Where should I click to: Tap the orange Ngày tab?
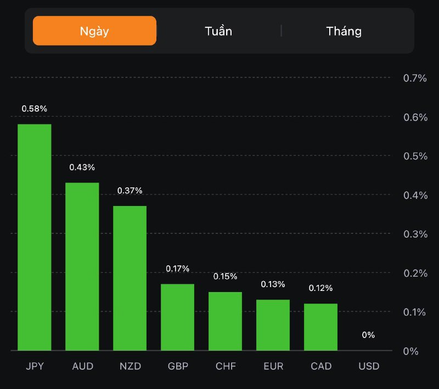tap(94, 31)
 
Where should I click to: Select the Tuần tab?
tap(218, 31)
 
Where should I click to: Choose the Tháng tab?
tap(344, 31)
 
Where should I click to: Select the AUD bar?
tap(82, 266)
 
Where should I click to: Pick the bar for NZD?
tap(130, 278)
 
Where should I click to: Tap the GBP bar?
tap(177, 317)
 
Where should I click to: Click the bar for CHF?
tap(225, 321)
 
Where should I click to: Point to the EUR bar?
tap(273, 325)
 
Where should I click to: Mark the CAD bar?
tap(320, 327)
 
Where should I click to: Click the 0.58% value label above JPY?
tap(35, 108)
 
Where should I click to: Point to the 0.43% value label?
tap(82, 167)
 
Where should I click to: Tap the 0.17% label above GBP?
tap(177, 268)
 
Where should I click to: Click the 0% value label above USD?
tap(368, 335)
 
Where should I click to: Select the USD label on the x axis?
tap(368, 366)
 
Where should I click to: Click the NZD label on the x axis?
tap(130, 366)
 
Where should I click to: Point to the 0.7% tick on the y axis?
tap(415, 78)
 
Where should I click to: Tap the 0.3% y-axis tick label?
tap(415, 234)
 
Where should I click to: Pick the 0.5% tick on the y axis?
tap(415, 156)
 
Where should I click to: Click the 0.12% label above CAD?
tap(320, 288)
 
